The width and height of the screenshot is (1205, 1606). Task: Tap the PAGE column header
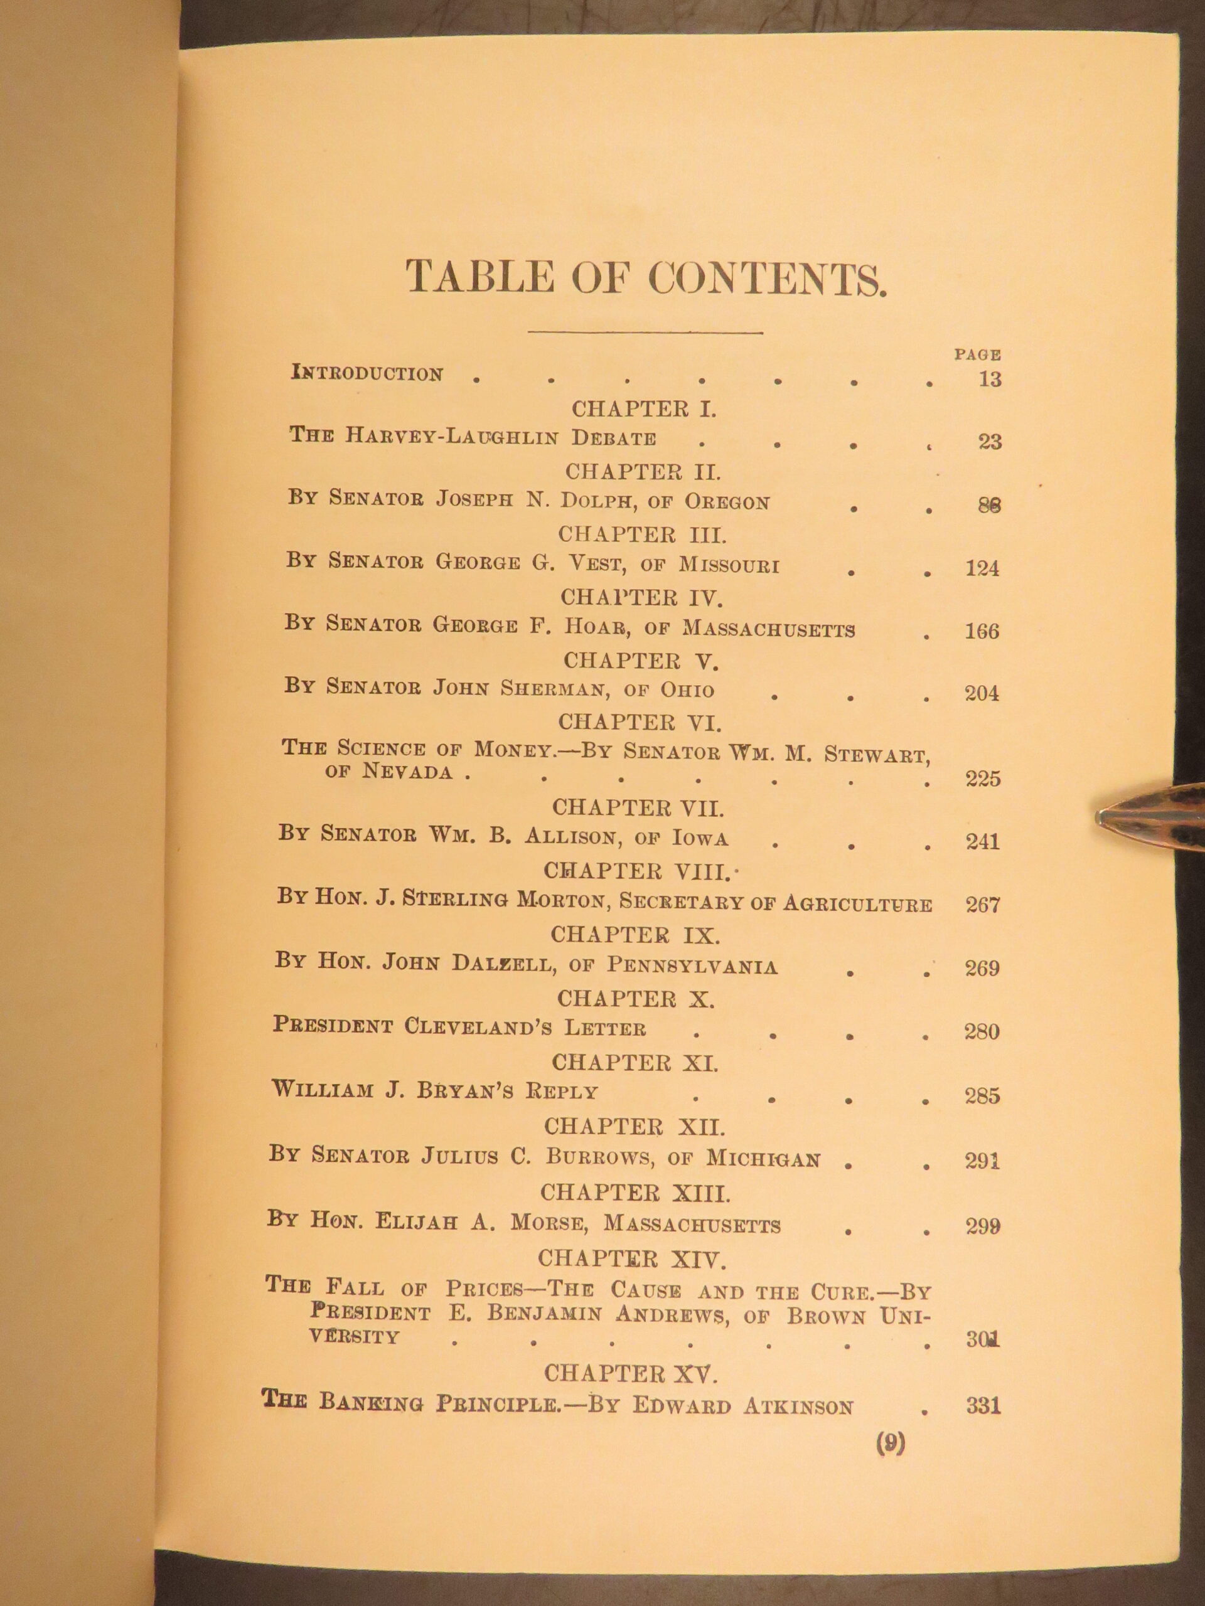click(977, 355)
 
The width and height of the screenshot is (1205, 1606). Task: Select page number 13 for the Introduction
click(989, 379)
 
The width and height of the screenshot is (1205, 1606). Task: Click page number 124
click(982, 568)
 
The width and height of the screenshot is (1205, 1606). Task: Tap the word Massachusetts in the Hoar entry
click(768, 629)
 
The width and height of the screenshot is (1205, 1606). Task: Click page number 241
click(982, 841)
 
